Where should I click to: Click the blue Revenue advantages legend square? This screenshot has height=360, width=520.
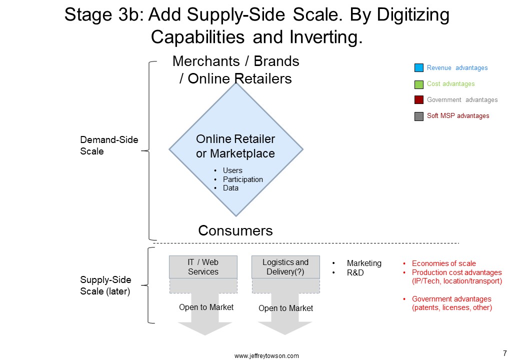click(x=419, y=67)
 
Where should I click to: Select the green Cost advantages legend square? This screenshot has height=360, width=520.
click(x=419, y=84)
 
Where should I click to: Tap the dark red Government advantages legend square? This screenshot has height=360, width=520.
click(x=419, y=100)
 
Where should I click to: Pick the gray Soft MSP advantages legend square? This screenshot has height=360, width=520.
click(x=419, y=116)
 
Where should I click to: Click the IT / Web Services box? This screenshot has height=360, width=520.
click(x=203, y=267)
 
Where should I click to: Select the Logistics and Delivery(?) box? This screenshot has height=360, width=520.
click(x=285, y=267)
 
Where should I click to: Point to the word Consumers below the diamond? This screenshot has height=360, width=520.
click(x=235, y=230)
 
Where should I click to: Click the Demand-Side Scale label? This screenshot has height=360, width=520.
click(x=109, y=145)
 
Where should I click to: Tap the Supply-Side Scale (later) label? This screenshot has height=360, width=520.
click(x=105, y=285)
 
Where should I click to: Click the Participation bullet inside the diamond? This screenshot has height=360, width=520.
click(x=243, y=179)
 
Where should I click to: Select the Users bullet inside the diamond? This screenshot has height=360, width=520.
click(x=232, y=170)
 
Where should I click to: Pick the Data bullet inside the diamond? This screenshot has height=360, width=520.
click(x=230, y=188)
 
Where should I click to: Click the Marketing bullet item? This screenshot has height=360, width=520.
click(x=364, y=263)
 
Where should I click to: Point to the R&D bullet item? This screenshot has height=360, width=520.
click(x=355, y=272)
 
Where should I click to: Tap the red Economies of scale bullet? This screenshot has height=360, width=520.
click(x=443, y=263)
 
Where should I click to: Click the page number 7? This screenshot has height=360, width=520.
click(x=504, y=353)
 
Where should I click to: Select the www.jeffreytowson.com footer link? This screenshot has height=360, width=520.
click(x=266, y=356)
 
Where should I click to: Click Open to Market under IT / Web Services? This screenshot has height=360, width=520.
click(x=206, y=307)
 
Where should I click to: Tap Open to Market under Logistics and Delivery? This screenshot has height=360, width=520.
click(x=285, y=308)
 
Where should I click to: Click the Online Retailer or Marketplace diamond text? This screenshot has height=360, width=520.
click(x=235, y=146)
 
